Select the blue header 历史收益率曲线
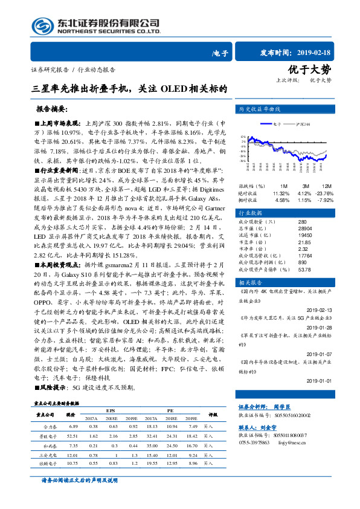pyautogui.click(x=260, y=109)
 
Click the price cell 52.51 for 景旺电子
pyautogui.click(x=72, y=435)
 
